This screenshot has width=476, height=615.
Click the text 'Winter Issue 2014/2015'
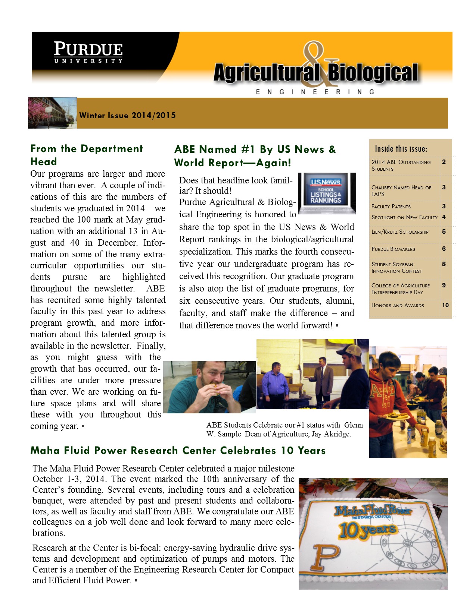click(x=127, y=116)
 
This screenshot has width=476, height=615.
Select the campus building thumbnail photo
click(x=52, y=113)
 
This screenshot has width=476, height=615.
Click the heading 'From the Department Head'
click(x=86, y=155)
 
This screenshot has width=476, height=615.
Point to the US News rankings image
click(x=327, y=193)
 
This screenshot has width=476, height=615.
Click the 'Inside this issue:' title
click(x=401, y=149)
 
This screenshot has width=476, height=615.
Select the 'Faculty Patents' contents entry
click(x=391, y=206)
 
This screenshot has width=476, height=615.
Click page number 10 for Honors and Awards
click(x=445, y=305)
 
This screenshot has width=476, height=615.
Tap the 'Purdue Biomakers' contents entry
click(x=393, y=249)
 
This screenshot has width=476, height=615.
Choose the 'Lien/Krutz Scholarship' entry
click(x=400, y=232)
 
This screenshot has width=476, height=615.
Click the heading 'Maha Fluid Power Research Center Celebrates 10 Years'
click(x=178, y=451)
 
